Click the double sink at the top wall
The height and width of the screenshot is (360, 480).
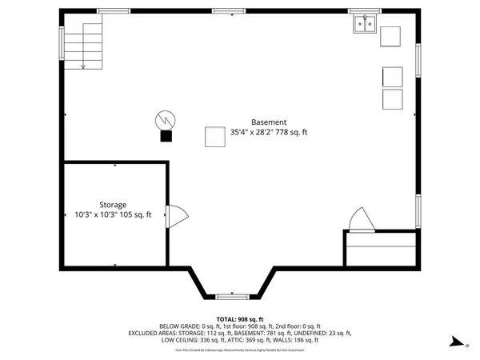coord(365,25)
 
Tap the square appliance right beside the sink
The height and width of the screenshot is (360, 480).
coord(390,37)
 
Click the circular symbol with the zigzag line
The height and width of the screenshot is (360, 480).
coord(165,120)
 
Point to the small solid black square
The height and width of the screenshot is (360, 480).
coord(166,136)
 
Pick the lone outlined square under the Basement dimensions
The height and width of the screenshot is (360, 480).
coord(214,138)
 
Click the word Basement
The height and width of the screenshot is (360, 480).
coord(268,122)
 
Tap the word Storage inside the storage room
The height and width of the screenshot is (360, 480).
coord(113,205)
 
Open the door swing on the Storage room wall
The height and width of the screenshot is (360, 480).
coord(175,215)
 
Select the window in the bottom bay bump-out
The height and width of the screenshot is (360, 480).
coord(232,296)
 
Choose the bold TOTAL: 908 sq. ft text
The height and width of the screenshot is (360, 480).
coord(240,319)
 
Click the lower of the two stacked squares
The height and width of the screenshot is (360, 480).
coord(393,99)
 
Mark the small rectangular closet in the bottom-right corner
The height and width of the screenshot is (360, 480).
coord(380,250)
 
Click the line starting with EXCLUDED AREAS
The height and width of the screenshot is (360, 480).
coord(240,333)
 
